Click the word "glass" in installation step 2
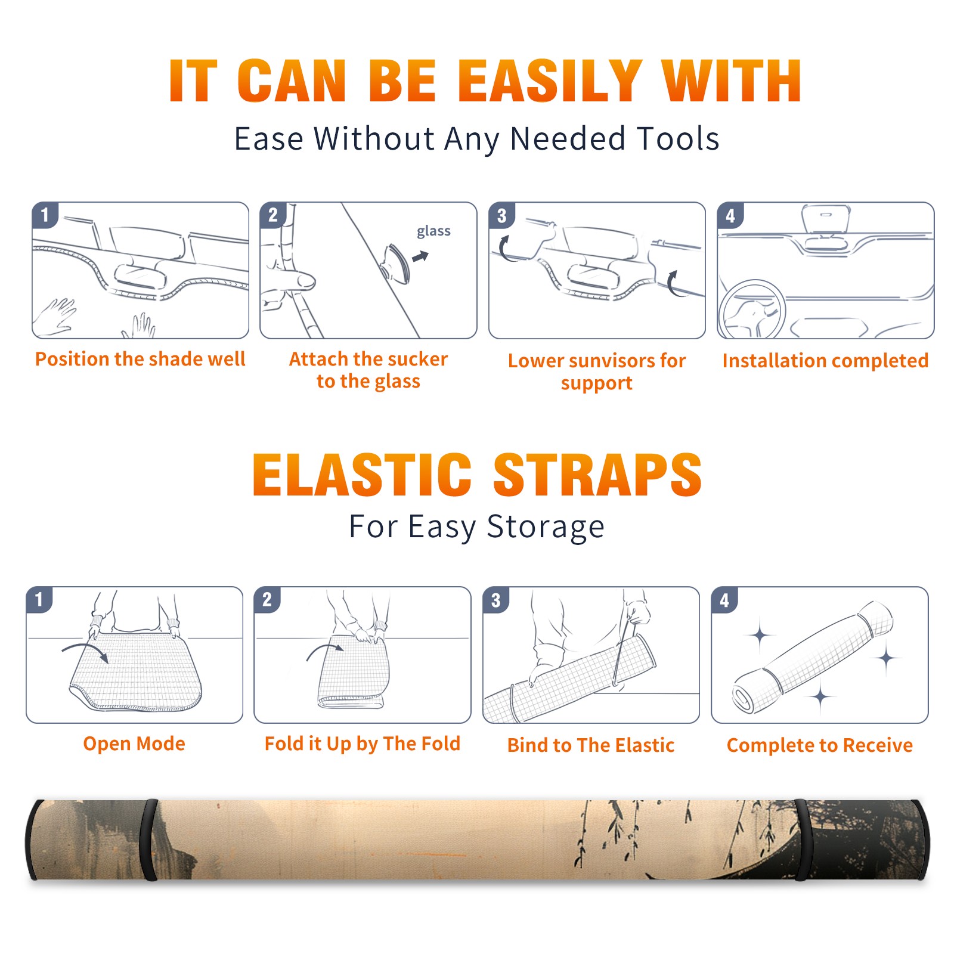click(x=433, y=231)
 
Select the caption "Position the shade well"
click(x=140, y=359)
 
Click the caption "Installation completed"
click(x=825, y=360)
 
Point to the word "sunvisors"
click(x=596, y=361)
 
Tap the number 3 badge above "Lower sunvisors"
click(x=501, y=215)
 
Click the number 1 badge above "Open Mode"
click(x=39, y=599)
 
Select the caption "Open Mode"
click(x=134, y=744)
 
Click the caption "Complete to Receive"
click(x=820, y=745)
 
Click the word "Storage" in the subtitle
click(x=546, y=527)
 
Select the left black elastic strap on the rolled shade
click(x=149, y=840)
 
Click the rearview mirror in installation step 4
click(x=825, y=219)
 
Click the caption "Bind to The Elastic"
click(x=591, y=745)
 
